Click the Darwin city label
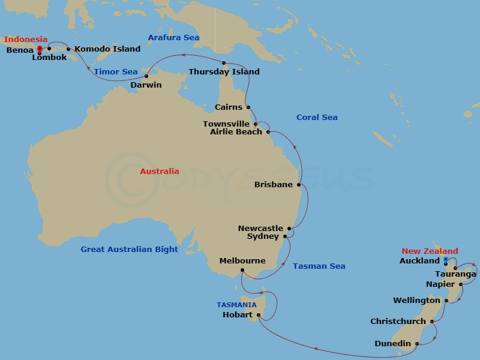pyautogui.click(x=146, y=85)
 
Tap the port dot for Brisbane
pyautogui.click(x=299, y=185)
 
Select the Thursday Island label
pyautogui.click(x=224, y=72)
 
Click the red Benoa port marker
pyautogui.click(x=40, y=49)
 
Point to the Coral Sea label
pyautogui.click(x=317, y=118)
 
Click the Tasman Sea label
pyautogui.click(x=319, y=266)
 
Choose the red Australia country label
pyautogui.click(x=160, y=171)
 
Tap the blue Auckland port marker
pyautogui.click(x=446, y=259)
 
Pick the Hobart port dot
pyautogui.click(x=259, y=314)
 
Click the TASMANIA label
pyautogui.click(x=237, y=305)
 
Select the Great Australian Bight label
pyautogui.click(x=130, y=249)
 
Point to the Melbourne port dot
pyautogui.click(x=242, y=270)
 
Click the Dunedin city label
pyautogui.click(x=392, y=344)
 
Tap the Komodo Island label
pyautogui.click(x=107, y=49)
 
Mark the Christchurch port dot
pyautogui.click(x=432, y=322)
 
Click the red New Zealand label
pyautogui.click(x=430, y=251)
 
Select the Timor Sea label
pyautogui.click(x=116, y=72)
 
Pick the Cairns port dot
pyautogui.click(x=248, y=108)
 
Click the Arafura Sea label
pyautogui.click(x=173, y=38)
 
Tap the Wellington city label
pyautogui.click(x=416, y=301)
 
